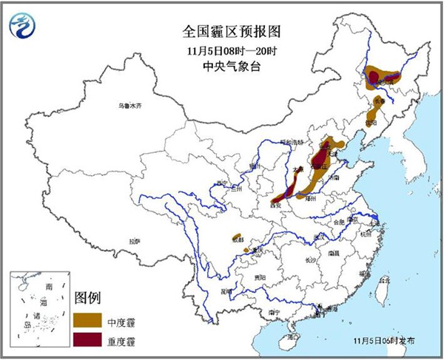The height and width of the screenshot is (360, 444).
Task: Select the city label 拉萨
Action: click(133, 241)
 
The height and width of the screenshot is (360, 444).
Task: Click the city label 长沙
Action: click(310, 260)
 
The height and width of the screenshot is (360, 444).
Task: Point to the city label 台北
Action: click(383, 281)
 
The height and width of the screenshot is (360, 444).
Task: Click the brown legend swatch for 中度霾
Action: click(87, 319)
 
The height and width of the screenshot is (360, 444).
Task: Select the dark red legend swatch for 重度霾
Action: click(87, 339)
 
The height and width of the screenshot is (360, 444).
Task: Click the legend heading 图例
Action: click(87, 299)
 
